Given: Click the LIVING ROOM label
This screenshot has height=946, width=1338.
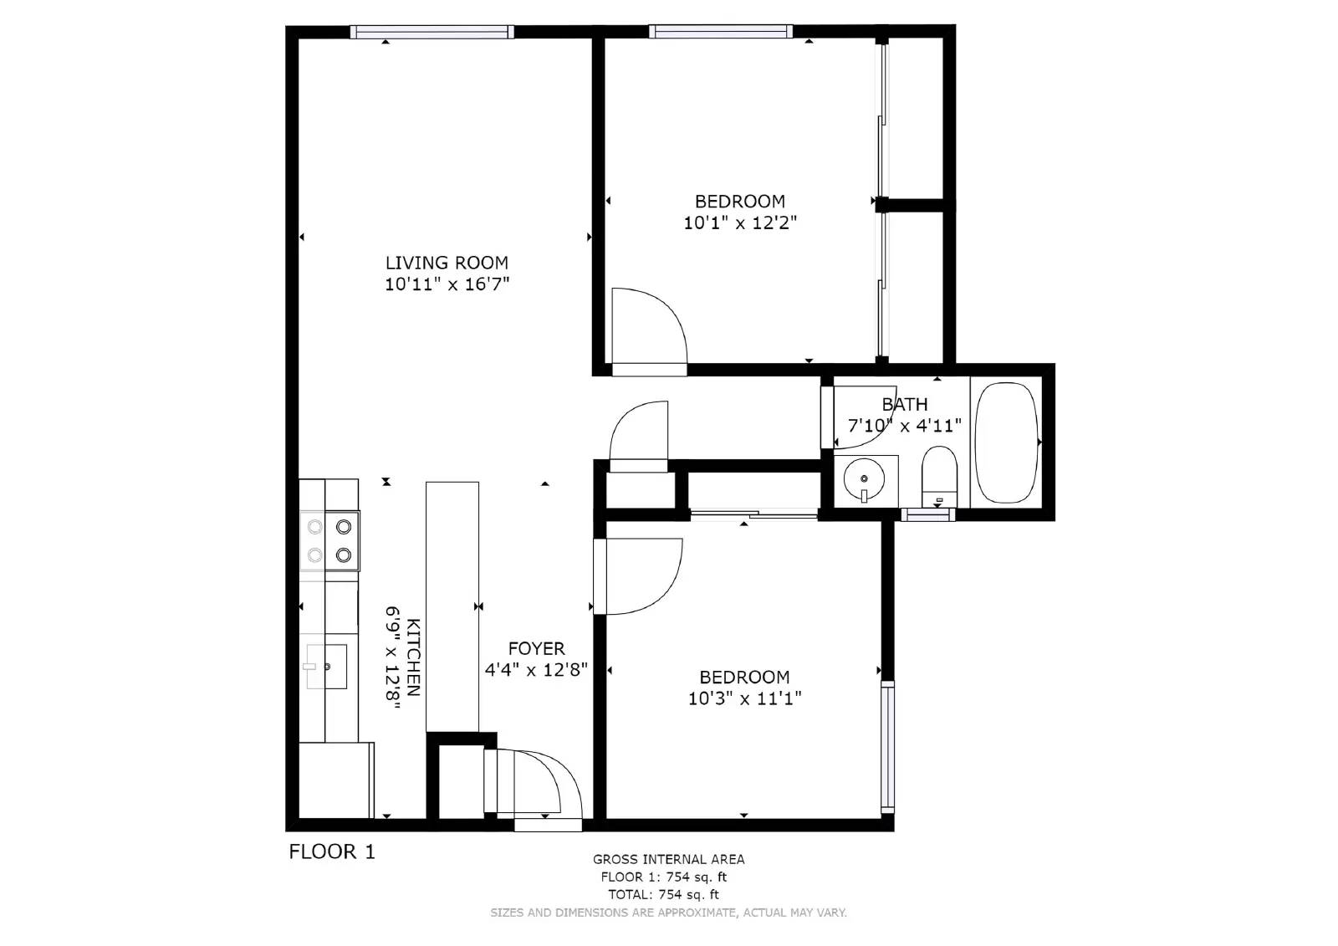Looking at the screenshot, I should (447, 263).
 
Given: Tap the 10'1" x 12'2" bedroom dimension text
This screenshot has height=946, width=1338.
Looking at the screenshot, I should (740, 222).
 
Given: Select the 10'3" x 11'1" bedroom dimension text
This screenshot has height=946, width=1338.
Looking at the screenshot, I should (744, 698).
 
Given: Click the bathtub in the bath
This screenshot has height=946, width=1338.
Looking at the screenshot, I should (1006, 442).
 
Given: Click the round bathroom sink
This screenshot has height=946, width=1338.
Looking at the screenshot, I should (862, 479).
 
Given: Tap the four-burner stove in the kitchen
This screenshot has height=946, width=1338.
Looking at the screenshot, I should (329, 540).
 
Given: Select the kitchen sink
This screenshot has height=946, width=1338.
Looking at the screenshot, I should (326, 667).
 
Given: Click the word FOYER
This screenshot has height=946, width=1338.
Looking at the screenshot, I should (536, 648).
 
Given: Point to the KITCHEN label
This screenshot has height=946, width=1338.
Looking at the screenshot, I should (413, 657).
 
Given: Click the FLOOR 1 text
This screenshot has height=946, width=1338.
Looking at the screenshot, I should (332, 851).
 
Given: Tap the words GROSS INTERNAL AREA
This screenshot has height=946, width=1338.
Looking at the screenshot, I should (668, 859).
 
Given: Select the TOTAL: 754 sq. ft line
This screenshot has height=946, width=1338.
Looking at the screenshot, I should (663, 894).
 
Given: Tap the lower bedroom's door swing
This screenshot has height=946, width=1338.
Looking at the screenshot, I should (640, 575).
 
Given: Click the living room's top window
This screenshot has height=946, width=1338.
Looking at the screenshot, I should (432, 32).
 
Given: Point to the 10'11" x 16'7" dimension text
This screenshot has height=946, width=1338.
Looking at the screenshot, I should (447, 284).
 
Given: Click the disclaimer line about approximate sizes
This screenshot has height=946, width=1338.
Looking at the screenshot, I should (668, 913).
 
